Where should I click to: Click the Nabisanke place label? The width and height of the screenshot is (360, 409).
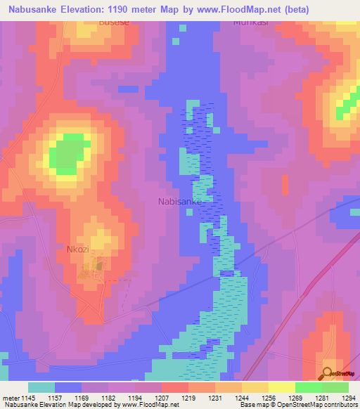click(x=180, y=202)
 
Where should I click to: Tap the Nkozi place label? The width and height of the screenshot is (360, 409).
click(x=79, y=249)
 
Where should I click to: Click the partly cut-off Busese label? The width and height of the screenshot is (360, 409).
click(x=95, y=22)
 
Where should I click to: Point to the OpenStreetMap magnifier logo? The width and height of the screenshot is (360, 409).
click(x=328, y=373)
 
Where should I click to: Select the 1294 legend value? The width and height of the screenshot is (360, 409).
click(x=348, y=398)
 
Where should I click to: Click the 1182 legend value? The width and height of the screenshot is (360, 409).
click(x=108, y=398)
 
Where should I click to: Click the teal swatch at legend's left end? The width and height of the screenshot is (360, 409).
click(x=41, y=387)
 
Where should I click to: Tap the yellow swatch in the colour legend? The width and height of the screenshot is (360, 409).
click(x=281, y=387)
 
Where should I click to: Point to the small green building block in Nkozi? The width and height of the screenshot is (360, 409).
click(x=99, y=265)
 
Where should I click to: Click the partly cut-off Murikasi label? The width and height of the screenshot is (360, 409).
click(x=250, y=22)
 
